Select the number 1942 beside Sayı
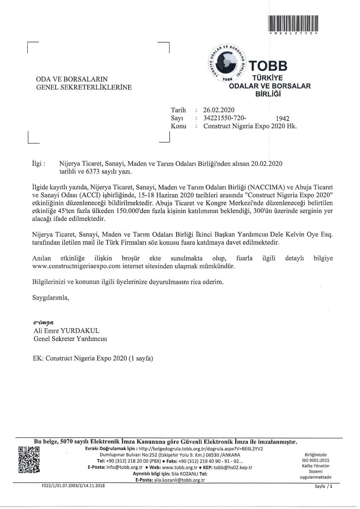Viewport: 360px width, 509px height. [282, 119]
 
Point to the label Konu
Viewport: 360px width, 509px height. [178, 126]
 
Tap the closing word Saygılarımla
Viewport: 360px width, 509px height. [50, 297]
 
